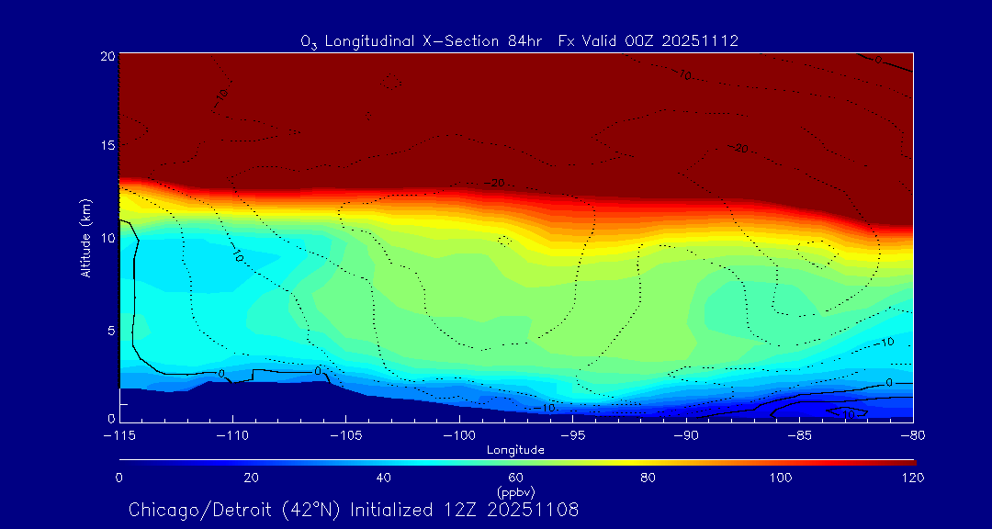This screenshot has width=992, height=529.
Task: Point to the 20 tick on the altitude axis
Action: (107, 55)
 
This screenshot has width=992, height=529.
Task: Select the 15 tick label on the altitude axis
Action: (107, 146)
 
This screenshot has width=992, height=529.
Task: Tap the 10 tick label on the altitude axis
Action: (107, 238)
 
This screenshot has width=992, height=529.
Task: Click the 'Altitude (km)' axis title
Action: (85, 238)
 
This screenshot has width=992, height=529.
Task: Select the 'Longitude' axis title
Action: (516, 450)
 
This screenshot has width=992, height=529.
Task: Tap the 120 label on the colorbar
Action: (913, 478)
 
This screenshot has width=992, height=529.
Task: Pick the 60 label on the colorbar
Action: (516, 478)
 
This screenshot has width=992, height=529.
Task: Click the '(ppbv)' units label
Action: (516, 491)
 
